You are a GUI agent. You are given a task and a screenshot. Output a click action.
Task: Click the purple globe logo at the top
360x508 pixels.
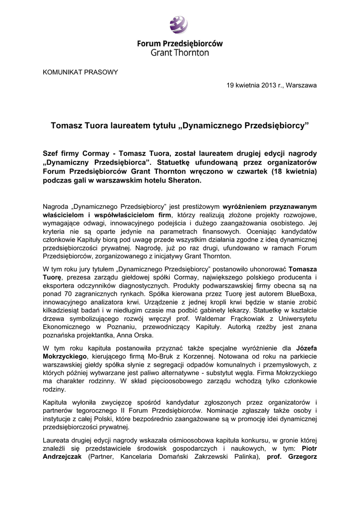click(179, 24)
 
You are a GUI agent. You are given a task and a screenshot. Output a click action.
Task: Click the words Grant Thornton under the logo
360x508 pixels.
click(180, 53)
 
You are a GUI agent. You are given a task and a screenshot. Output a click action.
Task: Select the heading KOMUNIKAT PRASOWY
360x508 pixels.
click(81, 72)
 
